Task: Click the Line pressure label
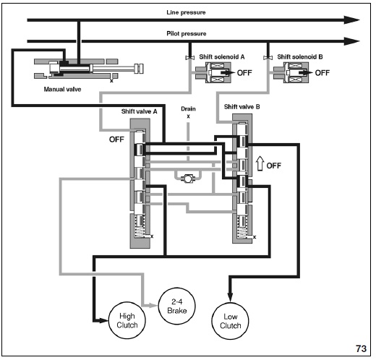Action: click(x=186, y=12)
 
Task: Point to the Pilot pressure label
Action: click(x=187, y=33)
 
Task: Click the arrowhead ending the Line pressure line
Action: click(x=352, y=20)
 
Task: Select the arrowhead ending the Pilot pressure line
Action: click(x=352, y=41)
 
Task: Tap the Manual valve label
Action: click(x=62, y=90)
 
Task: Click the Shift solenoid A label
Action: click(x=222, y=57)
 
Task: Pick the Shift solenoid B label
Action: click(x=300, y=57)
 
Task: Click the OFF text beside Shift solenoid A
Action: click(x=244, y=73)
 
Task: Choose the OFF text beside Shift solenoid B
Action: click(x=322, y=73)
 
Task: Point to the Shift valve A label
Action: click(x=139, y=111)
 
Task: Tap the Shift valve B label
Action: click(x=242, y=107)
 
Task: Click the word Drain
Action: click(x=188, y=109)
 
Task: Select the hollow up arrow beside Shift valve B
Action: click(x=260, y=163)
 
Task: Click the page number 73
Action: click(x=361, y=348)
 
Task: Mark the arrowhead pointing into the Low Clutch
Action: click(x=230, y=297)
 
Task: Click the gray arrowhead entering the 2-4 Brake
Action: click(x=153, y=306)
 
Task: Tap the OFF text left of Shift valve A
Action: click(x=116, y=140)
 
